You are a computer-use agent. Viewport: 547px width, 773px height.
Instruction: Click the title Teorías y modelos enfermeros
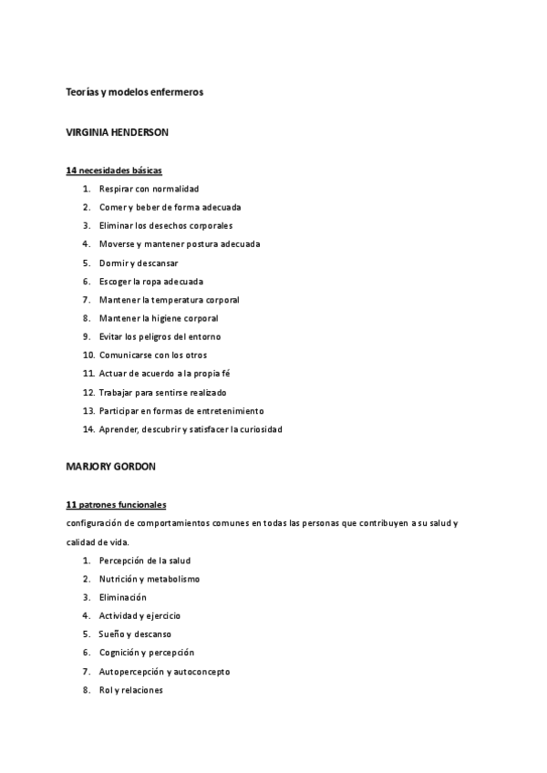point(135,92)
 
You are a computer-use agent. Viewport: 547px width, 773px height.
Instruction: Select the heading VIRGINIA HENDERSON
point(118,132)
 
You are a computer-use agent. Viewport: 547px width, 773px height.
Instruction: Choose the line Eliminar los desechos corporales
point(166,225)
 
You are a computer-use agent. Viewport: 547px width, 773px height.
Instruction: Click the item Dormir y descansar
point(139,263)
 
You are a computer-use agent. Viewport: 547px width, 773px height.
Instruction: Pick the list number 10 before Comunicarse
point(88,356)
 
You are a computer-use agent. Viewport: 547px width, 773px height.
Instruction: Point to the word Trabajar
point(118,392)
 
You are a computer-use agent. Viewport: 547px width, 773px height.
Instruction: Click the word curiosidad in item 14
point(261,429)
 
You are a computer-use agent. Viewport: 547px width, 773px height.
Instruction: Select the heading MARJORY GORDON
point(111,467)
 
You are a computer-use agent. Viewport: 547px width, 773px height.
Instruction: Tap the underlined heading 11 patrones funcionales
point(116,505)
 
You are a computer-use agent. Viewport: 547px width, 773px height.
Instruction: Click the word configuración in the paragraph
point(97,522)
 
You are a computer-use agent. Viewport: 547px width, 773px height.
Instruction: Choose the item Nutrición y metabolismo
point(150,579)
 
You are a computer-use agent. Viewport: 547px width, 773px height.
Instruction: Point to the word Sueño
point(112,634)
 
